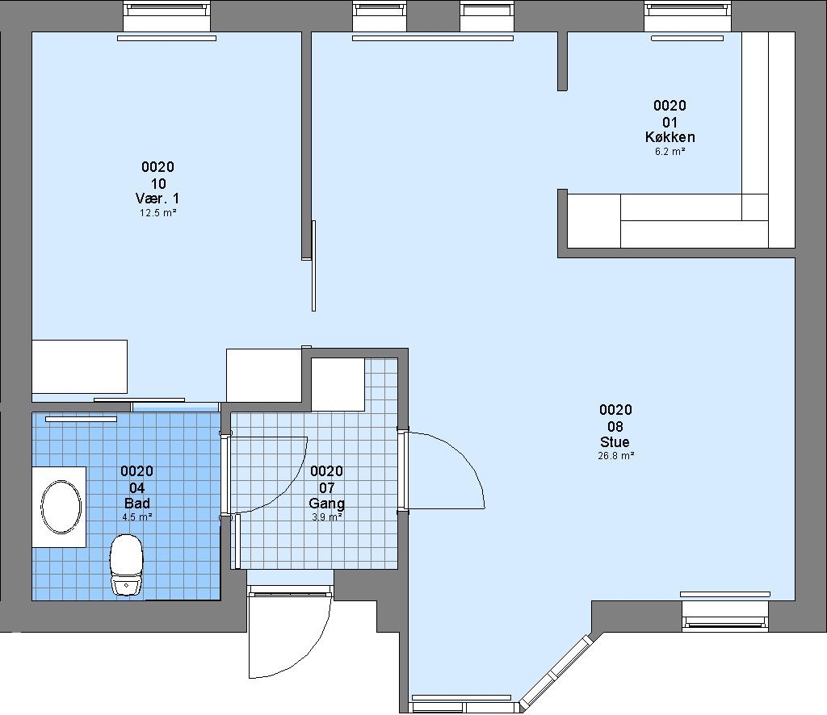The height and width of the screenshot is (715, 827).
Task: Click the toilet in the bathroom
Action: coord(126,565)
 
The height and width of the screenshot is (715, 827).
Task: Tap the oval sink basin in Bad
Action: coord(61,506)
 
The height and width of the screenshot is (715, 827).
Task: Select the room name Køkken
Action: coord(670,137)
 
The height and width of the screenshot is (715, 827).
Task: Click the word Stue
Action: coord(615,441)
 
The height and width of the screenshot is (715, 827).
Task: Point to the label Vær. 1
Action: coord(157,198)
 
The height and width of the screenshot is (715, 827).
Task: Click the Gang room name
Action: coord(327,504)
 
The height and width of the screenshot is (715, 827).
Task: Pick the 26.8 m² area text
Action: coord(615,456)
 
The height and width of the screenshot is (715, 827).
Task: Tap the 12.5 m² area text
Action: coord(157,213)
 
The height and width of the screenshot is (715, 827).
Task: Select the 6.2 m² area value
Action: coord(670,151)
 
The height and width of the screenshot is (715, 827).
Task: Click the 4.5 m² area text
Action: coord(137,517)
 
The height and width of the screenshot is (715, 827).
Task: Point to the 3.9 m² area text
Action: coord(327,517)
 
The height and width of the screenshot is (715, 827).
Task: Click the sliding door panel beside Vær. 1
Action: coord(314,266)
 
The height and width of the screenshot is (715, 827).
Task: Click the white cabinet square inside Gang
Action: coord(338,385)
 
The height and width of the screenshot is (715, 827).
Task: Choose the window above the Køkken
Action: coord(687,17)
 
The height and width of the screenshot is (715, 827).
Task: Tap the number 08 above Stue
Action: coord(615,426)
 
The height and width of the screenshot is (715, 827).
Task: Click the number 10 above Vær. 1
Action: coord(158,183)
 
